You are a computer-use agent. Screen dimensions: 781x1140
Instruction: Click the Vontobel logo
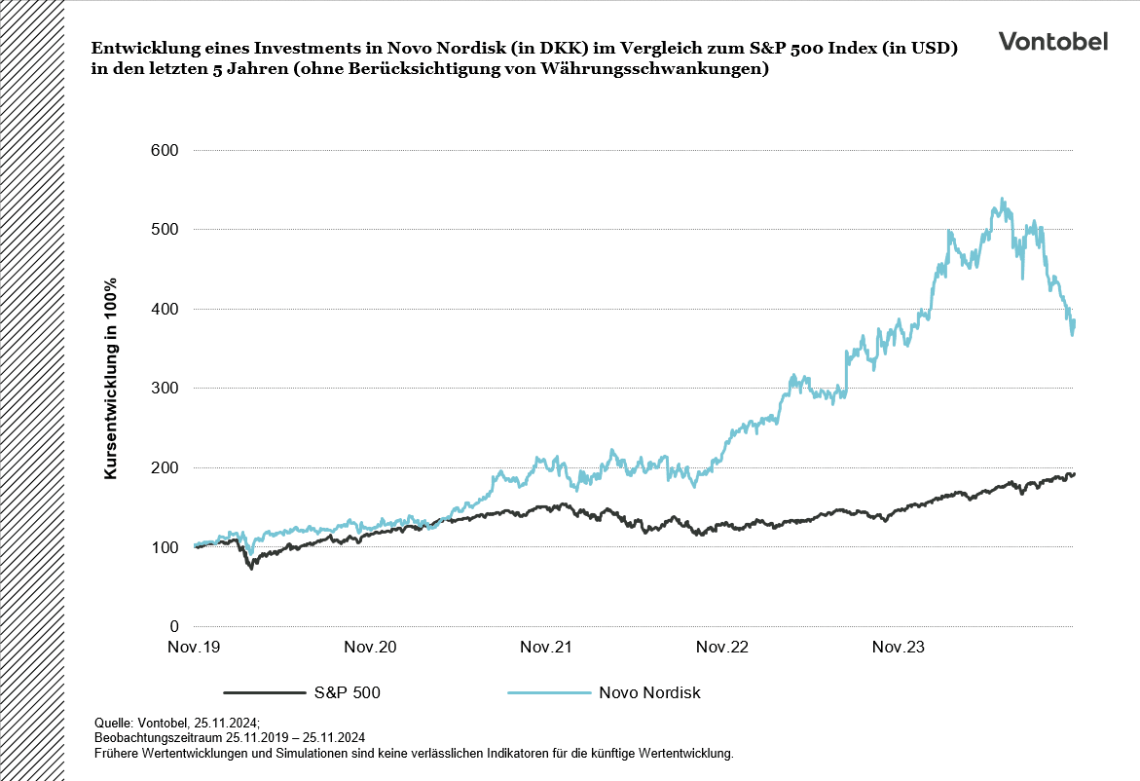(1052, 41)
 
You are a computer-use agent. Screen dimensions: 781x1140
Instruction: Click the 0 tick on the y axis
(174, 626)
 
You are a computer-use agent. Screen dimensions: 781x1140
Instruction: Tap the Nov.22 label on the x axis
(722, 648)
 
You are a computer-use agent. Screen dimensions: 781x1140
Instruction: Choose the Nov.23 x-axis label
(899, 648)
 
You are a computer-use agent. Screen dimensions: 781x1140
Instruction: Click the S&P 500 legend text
(347, 693)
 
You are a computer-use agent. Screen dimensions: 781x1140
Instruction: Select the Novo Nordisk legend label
(649, 693)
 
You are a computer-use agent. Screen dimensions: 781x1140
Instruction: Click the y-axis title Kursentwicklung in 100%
(111, 378)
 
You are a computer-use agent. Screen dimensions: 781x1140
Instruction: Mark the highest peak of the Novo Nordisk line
(1003, 200)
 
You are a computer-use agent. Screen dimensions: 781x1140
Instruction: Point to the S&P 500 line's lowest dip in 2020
(251, 567)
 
